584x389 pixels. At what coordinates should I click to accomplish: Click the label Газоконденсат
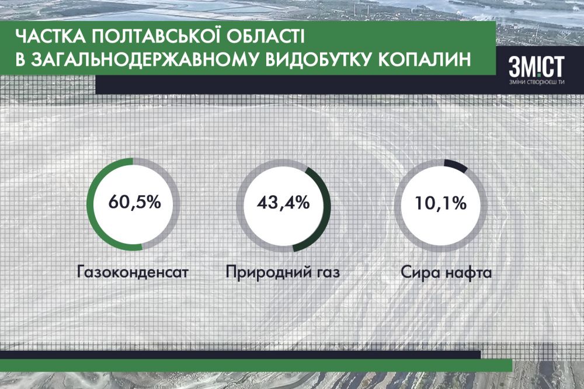tap(134, 273)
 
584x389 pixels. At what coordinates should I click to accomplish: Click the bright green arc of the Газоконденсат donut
tap(91, 204)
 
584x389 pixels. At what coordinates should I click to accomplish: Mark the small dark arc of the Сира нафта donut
tap(456, 165)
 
